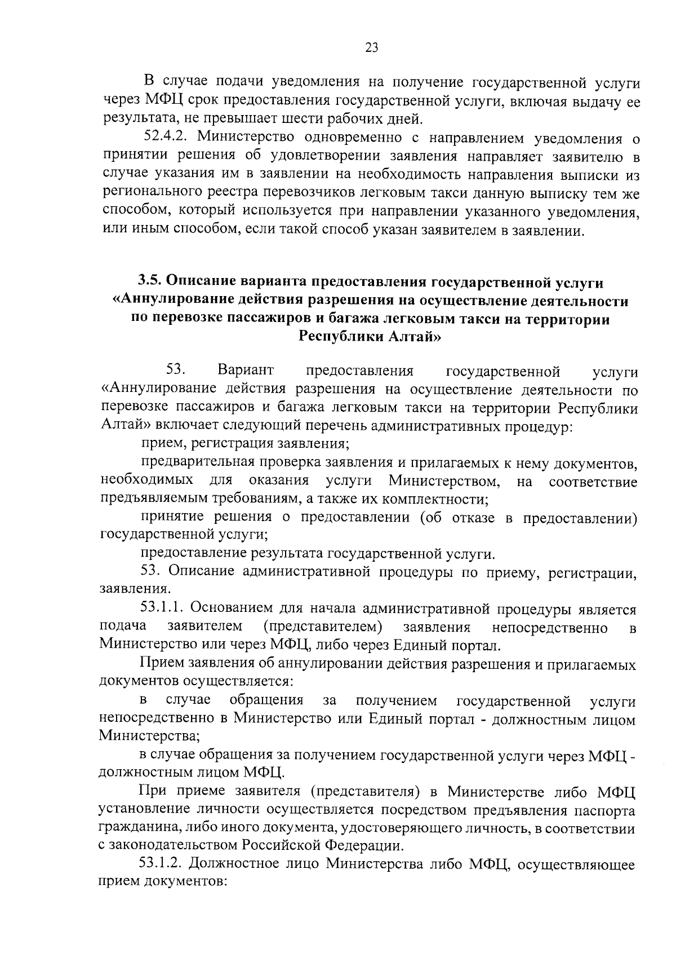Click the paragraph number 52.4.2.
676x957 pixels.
(166, 137)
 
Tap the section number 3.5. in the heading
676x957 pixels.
(149, 281)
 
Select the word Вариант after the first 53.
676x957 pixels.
(246, 371)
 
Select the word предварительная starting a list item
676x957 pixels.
(198, 463)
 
